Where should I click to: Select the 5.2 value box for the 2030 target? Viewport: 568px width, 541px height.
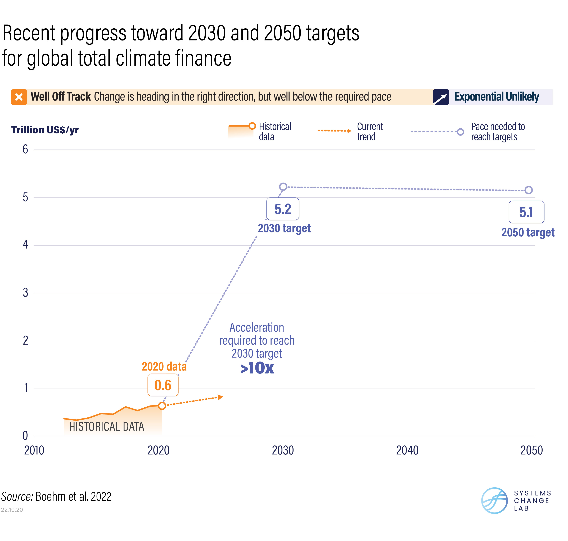pyautogui.click(x=283, y=209)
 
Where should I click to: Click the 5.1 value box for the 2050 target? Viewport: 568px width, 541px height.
pyautogui.click(x=526, y=212)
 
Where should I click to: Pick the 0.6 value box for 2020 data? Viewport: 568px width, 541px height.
pyautogui.click(x=163, y=385)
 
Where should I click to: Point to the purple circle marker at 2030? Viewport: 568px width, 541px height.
pyautogui.click(x=283, y=187)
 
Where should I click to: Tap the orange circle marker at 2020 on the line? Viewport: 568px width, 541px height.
pyautogui.click(x=162, y=406)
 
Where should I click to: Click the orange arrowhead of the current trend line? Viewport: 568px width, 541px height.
pyautogui.click(x=220, y=397)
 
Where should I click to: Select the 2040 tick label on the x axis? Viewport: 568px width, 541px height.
pyautogui.click(x=407, y=450)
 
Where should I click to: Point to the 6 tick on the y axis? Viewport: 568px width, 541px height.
pyautogui.click(x=25, y=149)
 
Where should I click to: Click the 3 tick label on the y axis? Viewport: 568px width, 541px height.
pyautogui.click(x=25, y=293)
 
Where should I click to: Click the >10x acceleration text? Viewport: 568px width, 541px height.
pyautogui.click(x=257, y=368)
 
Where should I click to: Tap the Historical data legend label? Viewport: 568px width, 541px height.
pyautogui.click(x=275, y=132)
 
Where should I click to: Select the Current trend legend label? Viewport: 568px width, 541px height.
pyautogui.click(x=370, y=132)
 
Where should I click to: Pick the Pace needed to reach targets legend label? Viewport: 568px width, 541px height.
pyautogui.click(x=498, y=132)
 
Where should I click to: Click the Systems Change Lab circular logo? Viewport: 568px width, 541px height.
pyautogui.click(x=494, y=500)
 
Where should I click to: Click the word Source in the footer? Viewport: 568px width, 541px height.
pyautogui.click(x=17, y=497)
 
